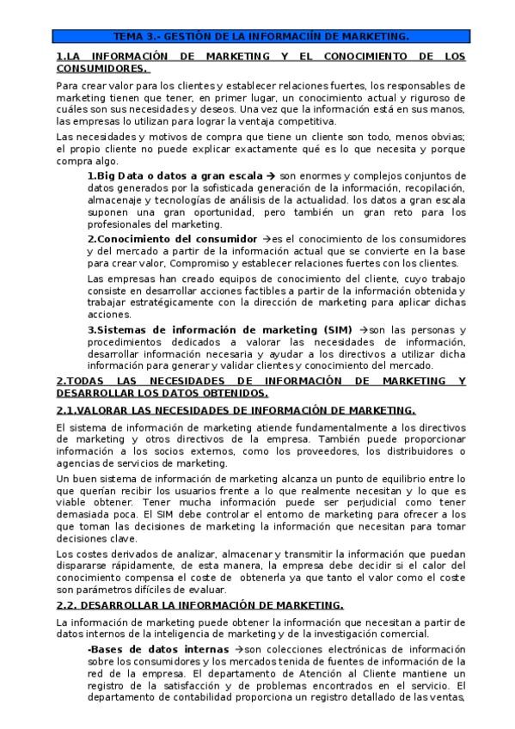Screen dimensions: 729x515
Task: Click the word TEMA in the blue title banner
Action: (x=130, y=37)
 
